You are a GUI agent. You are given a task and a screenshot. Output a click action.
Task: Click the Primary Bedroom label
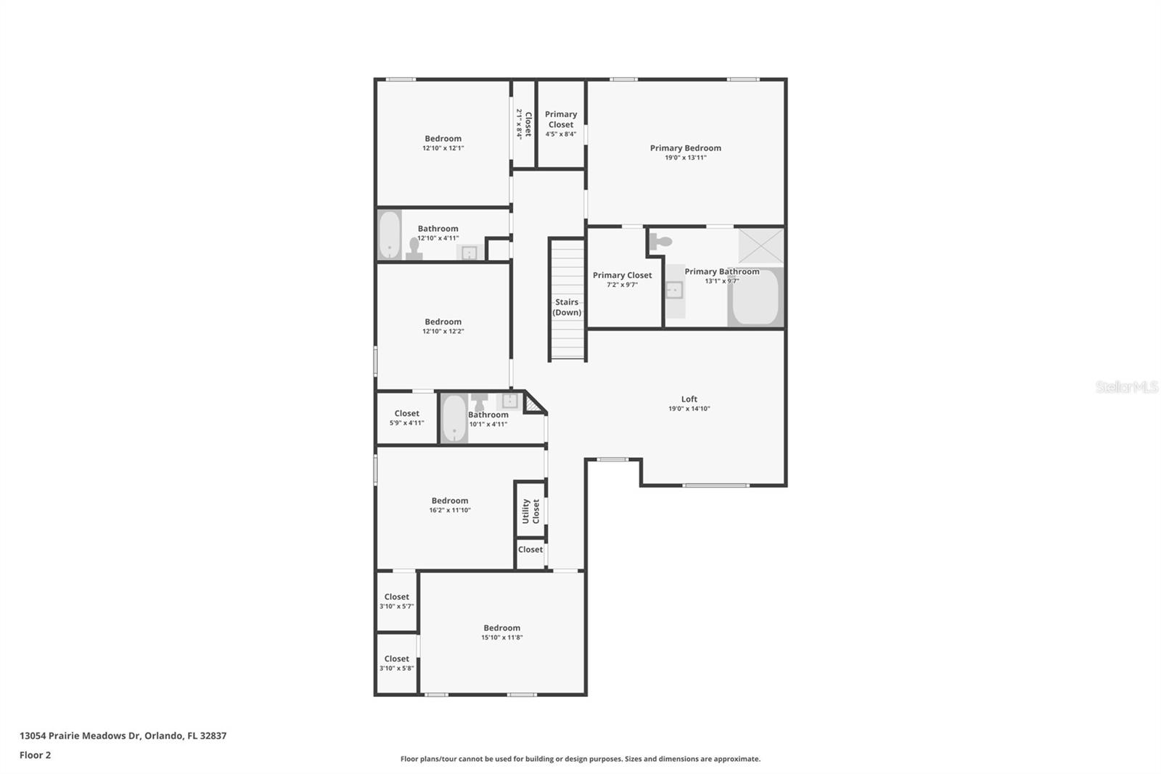(x=685, y=148)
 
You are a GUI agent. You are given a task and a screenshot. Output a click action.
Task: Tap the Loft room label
(x=689, y=399)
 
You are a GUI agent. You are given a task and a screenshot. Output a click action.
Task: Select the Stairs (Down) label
(x=567, y=307)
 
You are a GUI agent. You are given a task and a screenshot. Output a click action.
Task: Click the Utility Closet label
(x=530, y=511)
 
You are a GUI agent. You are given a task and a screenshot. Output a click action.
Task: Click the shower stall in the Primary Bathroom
(x=761, y=246)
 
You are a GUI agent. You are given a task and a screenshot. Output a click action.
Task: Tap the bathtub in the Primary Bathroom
(x=755, y=297)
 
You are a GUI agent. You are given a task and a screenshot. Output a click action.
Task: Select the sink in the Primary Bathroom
(x=674, y=290)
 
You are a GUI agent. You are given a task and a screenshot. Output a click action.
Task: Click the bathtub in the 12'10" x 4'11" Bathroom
(x=389, y=235)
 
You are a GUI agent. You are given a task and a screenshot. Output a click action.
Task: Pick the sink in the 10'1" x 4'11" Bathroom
(x=509, y=401)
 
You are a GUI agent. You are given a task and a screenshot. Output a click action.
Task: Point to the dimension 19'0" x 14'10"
(x=689, y=409)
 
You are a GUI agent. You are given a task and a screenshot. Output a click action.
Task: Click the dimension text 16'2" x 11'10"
(x=450, y=510)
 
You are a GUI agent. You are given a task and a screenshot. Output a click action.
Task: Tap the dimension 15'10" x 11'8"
(x=501, y=637)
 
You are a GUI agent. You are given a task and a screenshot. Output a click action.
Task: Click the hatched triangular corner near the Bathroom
(x=533, y=403)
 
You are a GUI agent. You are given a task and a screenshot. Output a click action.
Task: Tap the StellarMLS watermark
(x=1127, y=386)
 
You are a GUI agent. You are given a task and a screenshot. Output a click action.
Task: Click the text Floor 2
(x=36, y=755)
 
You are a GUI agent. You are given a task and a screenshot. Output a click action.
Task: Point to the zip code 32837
(x=213, y=736)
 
